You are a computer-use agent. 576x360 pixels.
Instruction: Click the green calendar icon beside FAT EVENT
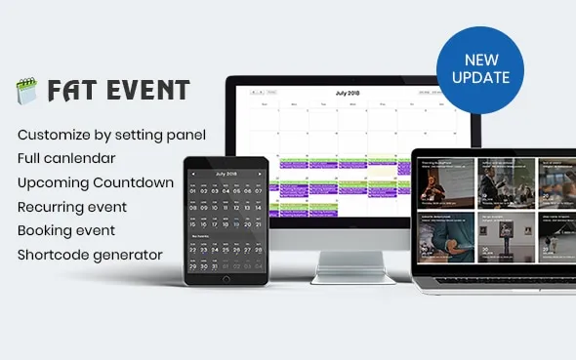(x=26, y=92)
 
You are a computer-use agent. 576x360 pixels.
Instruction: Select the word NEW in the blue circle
(x=480, y=60)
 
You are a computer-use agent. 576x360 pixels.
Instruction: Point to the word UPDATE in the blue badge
(x=480, y=77)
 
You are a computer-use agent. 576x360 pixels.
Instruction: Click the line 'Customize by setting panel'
(x=111, y=134)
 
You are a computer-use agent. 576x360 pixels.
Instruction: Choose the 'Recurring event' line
(x=72, y=207)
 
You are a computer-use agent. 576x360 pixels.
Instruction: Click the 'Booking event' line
(x=66, y=230)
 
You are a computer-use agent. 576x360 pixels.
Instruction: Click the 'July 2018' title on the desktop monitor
(x=348, y=93)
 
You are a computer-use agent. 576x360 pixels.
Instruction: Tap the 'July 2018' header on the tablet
(x=226, y=173)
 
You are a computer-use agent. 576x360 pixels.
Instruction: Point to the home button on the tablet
(x=226, y=279)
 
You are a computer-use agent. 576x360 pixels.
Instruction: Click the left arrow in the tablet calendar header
(x=193, y=174)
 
